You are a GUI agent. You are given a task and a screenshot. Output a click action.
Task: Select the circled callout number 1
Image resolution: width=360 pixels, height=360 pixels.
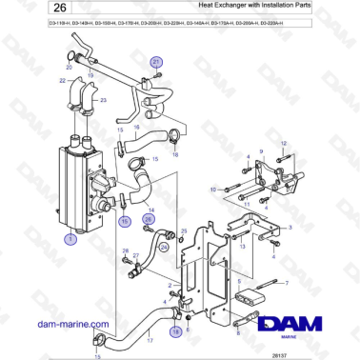click(70, 240)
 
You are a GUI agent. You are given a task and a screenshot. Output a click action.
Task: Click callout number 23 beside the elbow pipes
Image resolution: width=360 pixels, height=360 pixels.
click(103, 99)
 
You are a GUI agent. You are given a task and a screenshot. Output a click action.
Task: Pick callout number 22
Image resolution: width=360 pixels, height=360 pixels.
click(63, 81)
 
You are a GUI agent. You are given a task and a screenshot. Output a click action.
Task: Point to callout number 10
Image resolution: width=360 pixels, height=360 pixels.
click(213, 190)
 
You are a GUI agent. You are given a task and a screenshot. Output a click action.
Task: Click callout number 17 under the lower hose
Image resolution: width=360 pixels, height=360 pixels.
click(150, 339)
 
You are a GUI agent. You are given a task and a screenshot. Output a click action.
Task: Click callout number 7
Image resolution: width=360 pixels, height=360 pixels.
click(285, 284)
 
